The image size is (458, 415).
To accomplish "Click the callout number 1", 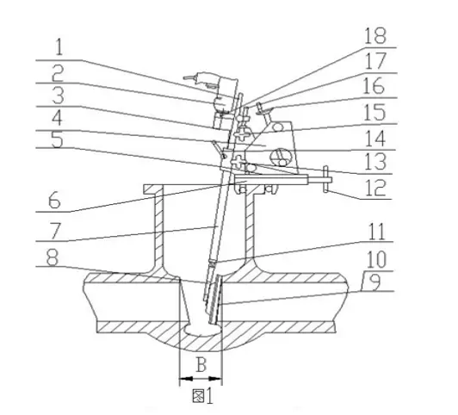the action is [59, 47].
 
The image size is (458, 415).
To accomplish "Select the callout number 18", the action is [375, 35].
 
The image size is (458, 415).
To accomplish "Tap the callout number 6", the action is [54, 200].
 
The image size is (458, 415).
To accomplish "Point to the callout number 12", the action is [376, 188].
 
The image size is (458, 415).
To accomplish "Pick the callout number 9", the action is [374, 282].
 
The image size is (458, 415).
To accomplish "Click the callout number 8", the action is [53, 257].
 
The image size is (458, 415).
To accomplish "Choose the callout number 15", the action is [374, 113].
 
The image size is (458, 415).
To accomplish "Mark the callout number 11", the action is [377, 232].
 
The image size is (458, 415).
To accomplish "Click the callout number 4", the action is [57, 118].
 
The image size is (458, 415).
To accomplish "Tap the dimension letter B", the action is [201, 364].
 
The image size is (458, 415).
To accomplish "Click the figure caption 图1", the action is [202, 396].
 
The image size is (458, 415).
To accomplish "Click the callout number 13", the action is [376, 163].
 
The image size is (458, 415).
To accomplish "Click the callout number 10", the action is [376, 260].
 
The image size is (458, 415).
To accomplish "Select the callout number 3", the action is [59, 96].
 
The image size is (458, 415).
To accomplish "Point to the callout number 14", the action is [375, 139].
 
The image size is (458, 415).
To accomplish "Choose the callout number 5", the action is [57, 139].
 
